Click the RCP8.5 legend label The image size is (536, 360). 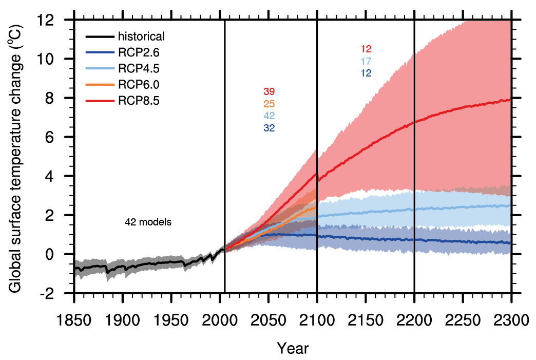[139, 101]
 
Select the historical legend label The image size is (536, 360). [141, 37]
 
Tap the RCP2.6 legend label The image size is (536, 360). [139, 53]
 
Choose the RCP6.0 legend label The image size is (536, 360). [139, 85]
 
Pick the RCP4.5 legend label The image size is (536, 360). [139, 69]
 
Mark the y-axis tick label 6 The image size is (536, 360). [59, 137]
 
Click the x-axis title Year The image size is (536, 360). [293, 348]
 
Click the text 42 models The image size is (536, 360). [148, 222]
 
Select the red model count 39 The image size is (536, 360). [269, 92]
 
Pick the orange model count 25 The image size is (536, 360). [269, 104]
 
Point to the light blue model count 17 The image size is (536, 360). [366, 62]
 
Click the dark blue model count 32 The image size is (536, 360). [269, 128]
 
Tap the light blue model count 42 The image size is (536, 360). [269, 116]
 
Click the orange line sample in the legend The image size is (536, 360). [99, 85]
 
